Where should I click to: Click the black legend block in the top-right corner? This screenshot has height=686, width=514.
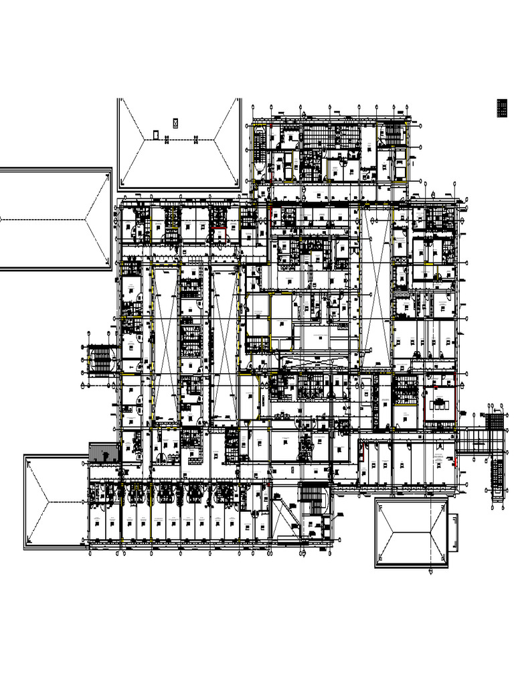tap(503, 108)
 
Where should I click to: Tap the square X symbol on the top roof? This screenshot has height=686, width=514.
tap(175, 123)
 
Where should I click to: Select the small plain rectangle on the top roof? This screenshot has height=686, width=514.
tap(156, 135)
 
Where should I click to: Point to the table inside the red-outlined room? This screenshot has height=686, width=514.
tap(440, 403)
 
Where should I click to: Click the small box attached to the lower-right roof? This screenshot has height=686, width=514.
tap(454, 533)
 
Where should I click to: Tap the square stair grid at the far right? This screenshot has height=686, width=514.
tap(495, 422)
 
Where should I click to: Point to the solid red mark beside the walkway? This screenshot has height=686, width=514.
tap(456, 462)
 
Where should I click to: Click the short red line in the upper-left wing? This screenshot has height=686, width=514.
tap(218, 229)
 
